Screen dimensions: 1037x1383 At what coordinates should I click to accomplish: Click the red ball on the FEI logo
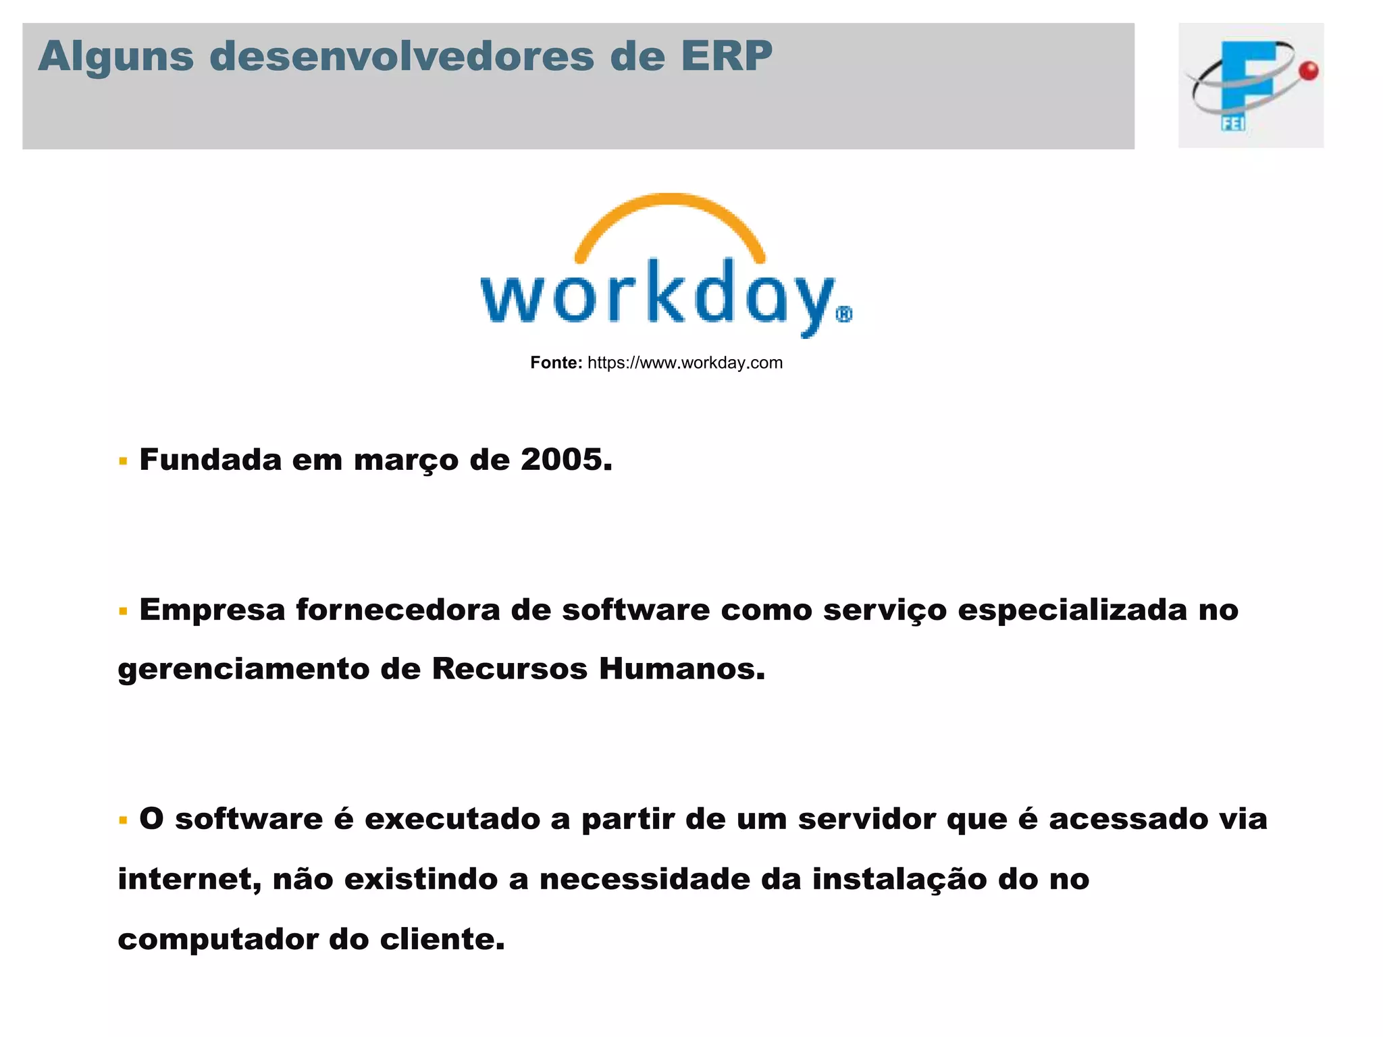point(1309,71)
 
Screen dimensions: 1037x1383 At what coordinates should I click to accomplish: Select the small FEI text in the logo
point(1232,123)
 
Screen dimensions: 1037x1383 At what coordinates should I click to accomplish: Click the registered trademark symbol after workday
point(844,315)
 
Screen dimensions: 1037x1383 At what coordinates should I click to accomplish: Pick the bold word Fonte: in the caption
point(556,363)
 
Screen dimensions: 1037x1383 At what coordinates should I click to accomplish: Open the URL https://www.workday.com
point(685,363)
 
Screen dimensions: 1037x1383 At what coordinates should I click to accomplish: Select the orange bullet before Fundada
point(123,462)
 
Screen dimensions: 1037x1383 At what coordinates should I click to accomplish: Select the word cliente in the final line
point(442,940)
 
